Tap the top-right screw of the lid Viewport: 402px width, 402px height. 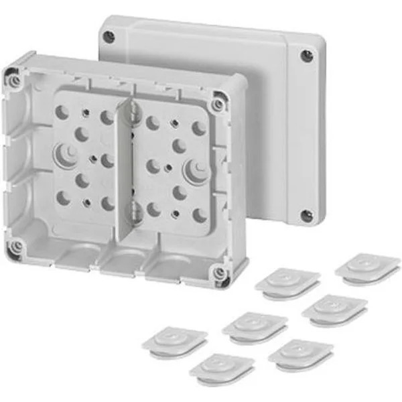[x=307, y=56]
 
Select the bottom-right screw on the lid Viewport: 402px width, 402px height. [x=306, y=216]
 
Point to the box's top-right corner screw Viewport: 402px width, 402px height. [x=218, y=105]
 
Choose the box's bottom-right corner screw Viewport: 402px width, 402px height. [x=218, y=273]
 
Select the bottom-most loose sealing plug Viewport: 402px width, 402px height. [x=221, y=366]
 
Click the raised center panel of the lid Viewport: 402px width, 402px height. [x=214, y=74]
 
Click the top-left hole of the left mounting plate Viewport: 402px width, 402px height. [x=62, y=113]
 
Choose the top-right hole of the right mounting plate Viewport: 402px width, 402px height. [x=199, y=128]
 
